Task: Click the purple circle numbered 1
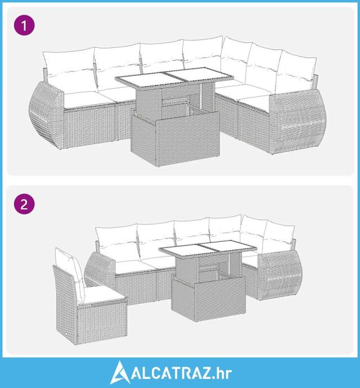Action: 24,25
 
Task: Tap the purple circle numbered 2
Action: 24,204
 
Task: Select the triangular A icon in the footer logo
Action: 120,373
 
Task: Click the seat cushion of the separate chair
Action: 103,294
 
